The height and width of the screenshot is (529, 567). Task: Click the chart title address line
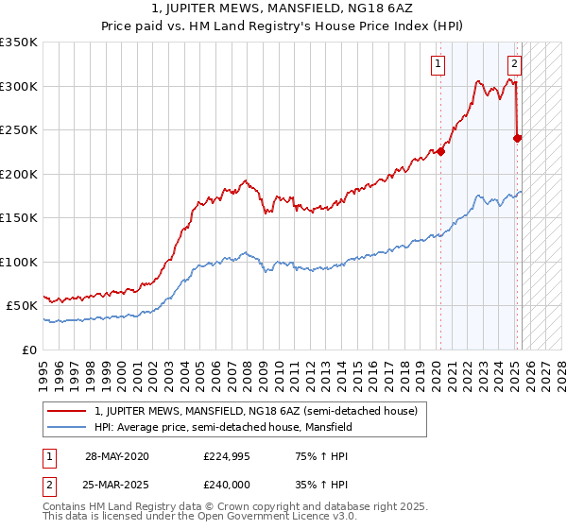(x=283, y=9)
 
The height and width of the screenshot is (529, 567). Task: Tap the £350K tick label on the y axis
(x=19, y=43)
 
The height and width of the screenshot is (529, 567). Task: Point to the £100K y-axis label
(x=19, y=262)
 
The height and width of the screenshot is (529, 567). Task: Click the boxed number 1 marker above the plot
(x=439, y=64)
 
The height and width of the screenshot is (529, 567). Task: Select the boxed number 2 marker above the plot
(x=514, y=64)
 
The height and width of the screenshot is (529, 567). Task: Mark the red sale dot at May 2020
(x=441, y=149)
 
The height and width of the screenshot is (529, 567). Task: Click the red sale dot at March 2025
(x=517, y=138)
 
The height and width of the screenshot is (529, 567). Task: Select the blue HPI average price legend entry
(x=223, y=427)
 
